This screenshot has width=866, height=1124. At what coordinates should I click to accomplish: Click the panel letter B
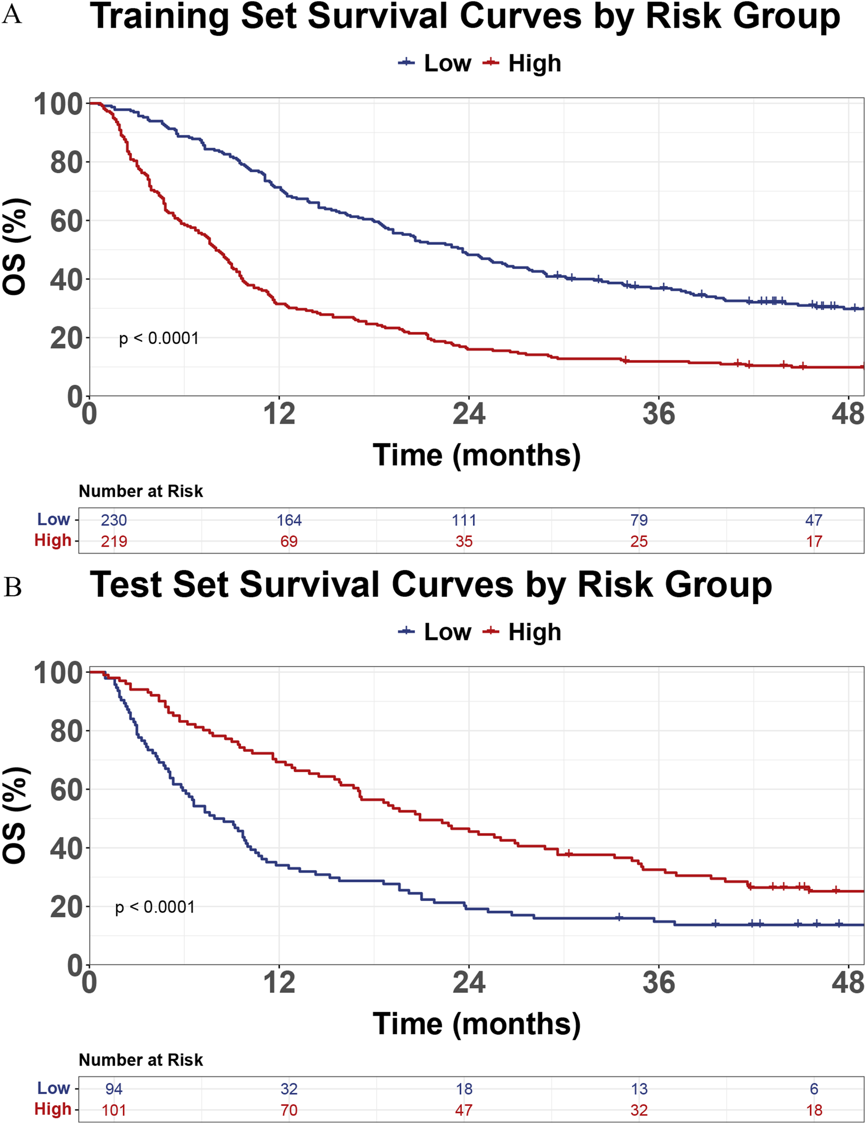pyautogui.click(x=12, y=587)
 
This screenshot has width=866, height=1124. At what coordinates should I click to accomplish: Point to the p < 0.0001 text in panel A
pyautogui.click(x=158, y=339)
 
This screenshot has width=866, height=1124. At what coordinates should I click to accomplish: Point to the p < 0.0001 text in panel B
pyautogui.click(x=155, y=907)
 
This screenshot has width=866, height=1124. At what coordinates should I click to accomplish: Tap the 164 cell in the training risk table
pyautogui.click(x=289, y=520)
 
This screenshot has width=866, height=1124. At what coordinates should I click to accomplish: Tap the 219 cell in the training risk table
pyautogui.click(x=114, y=541)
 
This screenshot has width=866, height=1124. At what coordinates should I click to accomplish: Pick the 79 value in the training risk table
pyautogui.click(x=639, y=520)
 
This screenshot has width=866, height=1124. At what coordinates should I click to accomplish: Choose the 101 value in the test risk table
pyautogui.click(x=114, y=1110)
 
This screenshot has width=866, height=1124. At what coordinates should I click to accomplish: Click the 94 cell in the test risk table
pyautogui.click(x=114, y=1089)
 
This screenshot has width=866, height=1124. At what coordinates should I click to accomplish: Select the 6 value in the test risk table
pyautogui.click(x=814, y=1089)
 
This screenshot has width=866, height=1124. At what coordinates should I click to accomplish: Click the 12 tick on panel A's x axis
pyautogui.click(x=279, y=415)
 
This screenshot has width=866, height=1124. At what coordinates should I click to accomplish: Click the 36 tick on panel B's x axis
pyautogui.click(x=658, y=983)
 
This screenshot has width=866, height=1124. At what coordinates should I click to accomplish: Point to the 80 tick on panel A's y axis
pyautogui.click(x=66, y=162)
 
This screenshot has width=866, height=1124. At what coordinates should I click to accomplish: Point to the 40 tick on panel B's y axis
pyautogui.click(x=66, y=848)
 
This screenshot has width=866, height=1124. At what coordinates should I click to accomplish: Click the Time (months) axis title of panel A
pyautogui.click(x=476, y=456)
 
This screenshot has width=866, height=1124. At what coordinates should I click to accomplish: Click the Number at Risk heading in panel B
pyautogui.click(x=141, y=1060)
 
